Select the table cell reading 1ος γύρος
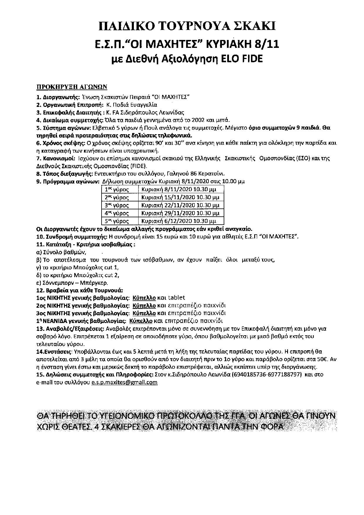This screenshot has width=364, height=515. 117,189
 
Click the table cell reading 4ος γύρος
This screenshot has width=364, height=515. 117,213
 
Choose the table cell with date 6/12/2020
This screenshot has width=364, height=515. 179,221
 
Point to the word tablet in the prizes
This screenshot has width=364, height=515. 177,298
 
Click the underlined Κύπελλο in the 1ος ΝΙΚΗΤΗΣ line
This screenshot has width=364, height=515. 144,298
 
